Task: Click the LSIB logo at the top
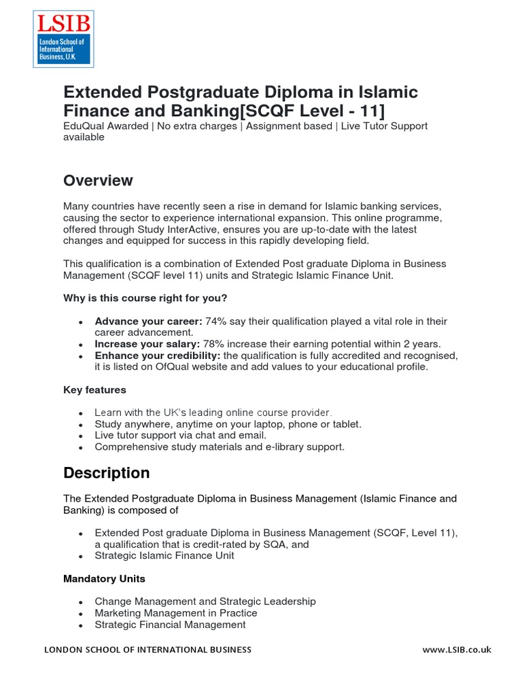click(63, 38)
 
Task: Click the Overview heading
click(98, 181)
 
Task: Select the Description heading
click(106, 473)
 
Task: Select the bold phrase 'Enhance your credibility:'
click(157, 355)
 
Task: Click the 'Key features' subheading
click(94, 390)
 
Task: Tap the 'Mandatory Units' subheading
click(104, 579)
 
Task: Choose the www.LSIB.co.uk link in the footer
click(456, 650)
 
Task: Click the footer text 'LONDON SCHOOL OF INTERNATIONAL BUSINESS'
click(147, 650)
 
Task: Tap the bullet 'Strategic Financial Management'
click(170, 625)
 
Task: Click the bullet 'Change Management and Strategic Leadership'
click(205, 602)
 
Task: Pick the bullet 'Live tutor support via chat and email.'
click(180, 435)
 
